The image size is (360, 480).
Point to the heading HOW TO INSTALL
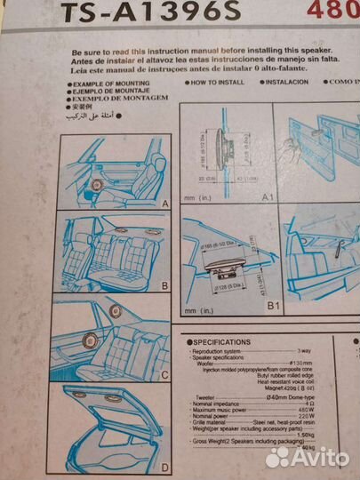[x=218, y=82]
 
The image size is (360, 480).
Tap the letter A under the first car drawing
[x=164, y=203]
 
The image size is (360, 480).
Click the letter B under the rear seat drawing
[x=164, y=286]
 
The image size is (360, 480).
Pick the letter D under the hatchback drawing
[x=164, y=466]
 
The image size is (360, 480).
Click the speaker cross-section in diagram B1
[x=224, y=272]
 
